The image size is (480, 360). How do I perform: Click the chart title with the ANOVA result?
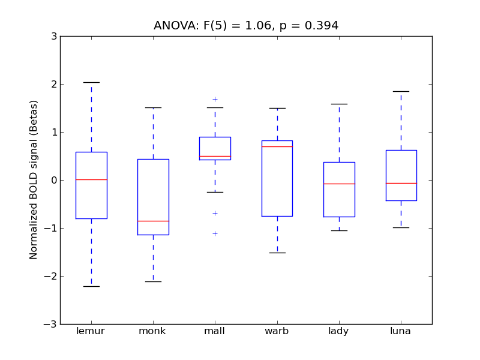click(246, 26)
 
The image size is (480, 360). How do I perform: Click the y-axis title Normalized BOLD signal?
click(34, 179)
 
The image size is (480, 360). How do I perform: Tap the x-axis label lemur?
click(91, 331)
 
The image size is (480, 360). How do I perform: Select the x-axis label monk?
click(152, 331)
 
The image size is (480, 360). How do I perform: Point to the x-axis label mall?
click(214, 331)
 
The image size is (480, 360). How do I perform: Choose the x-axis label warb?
click(277, 331)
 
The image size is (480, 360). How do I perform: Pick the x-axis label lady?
click(338, 331)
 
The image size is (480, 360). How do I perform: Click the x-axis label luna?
click(400, 331)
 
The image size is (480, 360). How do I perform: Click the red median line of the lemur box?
click(91, 179)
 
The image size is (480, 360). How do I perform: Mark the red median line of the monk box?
click(153, 221)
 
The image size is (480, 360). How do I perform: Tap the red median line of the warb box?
click(277, 146)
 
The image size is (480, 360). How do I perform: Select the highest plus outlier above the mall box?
click(215, 99)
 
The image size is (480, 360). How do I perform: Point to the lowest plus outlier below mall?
click(215, 233)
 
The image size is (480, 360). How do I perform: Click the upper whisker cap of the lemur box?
click(91, 82)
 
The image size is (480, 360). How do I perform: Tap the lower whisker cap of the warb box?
click(277, 253)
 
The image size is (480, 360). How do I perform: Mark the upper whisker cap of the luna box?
click(401, 91)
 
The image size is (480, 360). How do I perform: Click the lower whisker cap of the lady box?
click(339, 230)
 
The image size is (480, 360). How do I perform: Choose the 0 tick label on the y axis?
click(53, 180)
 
